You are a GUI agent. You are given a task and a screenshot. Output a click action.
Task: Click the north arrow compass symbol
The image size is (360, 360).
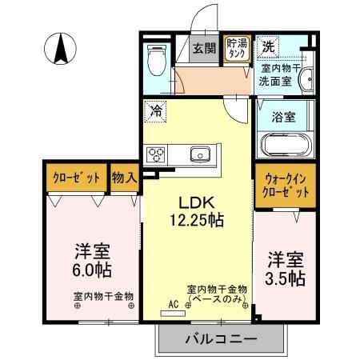(x=61, y=49)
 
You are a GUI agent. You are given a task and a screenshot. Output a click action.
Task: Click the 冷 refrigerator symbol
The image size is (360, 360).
(x=156, y=112)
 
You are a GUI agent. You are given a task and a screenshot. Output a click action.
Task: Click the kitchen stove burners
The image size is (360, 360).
(x=155, y=154)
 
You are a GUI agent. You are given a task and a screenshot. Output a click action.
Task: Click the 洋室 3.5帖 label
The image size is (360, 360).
(x=285, y=269)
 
